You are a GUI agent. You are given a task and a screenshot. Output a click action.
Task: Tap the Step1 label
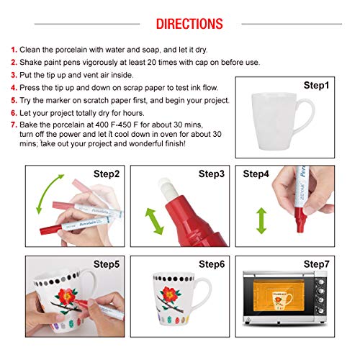click(316, 84)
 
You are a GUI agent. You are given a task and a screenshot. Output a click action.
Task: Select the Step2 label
click(107, 174)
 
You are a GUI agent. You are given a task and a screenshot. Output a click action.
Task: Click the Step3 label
click(212, 174)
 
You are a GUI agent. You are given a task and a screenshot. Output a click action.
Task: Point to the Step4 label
click(256, 174)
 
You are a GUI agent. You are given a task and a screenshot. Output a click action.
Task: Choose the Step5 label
click(107, 264)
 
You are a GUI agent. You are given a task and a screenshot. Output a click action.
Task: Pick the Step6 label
click(212, 264)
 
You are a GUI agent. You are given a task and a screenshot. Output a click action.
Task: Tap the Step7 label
click(316, 264)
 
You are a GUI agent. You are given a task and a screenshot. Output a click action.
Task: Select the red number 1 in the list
click(13, 50)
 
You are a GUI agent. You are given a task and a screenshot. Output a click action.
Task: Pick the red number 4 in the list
click(13, 88)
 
